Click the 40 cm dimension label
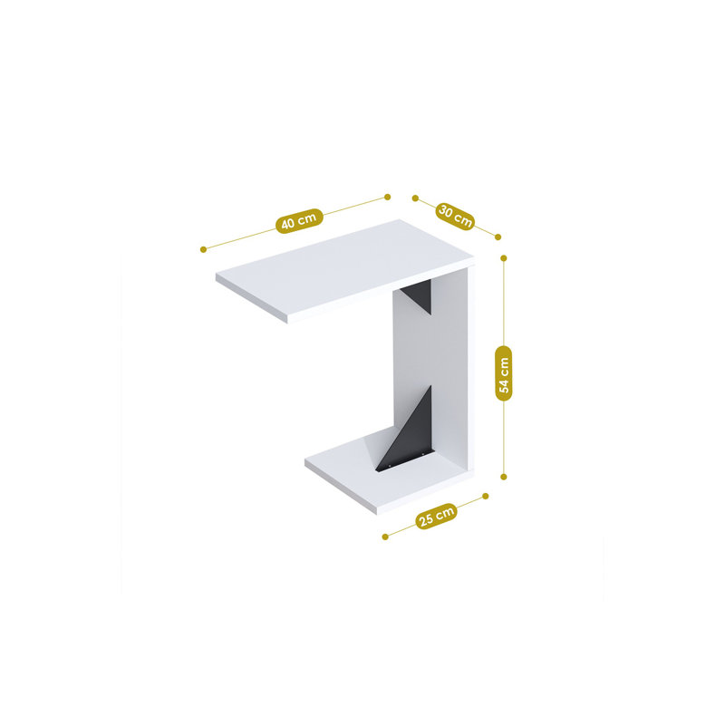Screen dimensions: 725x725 (x=299, y=220)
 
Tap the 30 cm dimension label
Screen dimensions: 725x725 (x=456, y=217)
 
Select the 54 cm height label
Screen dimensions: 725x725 (x=504, y=373)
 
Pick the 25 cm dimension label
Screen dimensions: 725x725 (x=436, y=516)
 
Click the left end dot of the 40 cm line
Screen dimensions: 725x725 (x=203, y=250)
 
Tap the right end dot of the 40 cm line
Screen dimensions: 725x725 (x=388, y=197)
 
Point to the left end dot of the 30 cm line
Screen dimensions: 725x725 (x=415, y=198)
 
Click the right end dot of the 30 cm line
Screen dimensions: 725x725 (x=498, y=237)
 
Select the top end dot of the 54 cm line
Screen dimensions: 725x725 (x=504, y=258)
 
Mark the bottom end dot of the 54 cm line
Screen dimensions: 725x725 (x=504, y=477)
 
